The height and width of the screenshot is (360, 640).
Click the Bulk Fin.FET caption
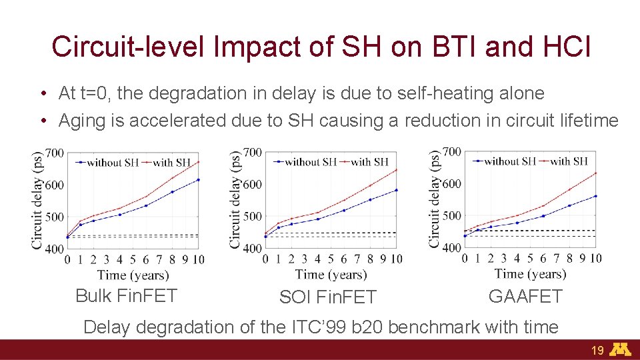click(126, 295)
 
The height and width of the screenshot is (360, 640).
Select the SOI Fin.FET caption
click(327, 297)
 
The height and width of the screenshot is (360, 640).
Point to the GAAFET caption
click(525, 296)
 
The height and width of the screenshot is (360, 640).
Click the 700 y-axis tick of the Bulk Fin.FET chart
click(55, 153)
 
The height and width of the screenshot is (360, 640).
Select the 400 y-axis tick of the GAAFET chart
click(451, 247)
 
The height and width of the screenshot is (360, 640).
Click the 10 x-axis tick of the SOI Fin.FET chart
click(396, 259)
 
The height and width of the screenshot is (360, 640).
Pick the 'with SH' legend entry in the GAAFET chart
click(568, 161)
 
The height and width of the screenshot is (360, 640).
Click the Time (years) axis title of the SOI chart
click(331, 274)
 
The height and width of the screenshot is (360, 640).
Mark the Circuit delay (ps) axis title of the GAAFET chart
click(435, 199)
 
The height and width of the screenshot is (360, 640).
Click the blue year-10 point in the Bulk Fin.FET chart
click(198, 179)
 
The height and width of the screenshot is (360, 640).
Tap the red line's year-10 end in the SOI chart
click(396, 169)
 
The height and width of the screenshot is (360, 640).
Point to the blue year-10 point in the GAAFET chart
click(595, 196)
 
